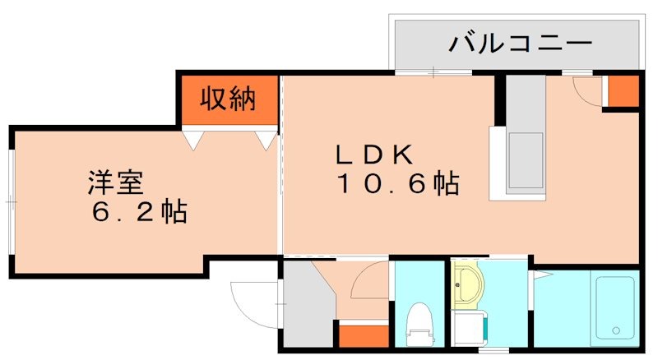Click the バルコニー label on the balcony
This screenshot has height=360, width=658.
(519, 43)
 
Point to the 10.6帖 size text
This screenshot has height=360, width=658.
(396, 183)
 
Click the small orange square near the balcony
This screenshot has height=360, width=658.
(622, 91)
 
